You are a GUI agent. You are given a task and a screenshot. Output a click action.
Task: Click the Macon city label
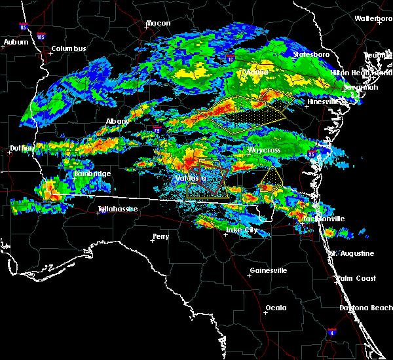[158, 23]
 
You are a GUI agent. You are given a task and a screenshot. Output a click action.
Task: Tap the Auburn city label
[16, 42]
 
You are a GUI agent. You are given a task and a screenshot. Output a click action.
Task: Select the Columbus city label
[69, 48]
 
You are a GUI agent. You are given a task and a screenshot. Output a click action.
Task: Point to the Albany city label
[117, 121]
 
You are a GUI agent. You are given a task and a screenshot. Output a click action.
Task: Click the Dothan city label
[21, 149]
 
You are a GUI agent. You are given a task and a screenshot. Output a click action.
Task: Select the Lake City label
[241, 230]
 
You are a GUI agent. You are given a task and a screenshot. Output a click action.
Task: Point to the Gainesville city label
[269, 270]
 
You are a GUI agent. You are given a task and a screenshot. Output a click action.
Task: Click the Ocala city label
[276, 307]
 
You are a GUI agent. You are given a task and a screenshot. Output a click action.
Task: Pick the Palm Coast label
[357, 278]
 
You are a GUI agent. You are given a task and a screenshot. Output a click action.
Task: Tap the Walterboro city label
[373, 18]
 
